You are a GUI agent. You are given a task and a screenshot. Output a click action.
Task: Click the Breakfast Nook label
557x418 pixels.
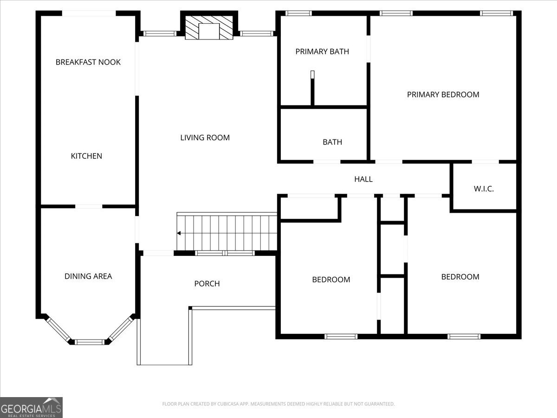88,62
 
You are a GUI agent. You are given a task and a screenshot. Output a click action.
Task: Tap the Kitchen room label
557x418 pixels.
86,156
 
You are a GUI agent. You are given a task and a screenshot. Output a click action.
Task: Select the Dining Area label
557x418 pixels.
88,276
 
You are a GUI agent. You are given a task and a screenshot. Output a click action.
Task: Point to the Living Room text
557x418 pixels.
205,137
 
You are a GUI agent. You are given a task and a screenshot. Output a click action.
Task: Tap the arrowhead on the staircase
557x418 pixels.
179,233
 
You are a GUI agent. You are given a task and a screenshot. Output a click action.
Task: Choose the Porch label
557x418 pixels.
207,284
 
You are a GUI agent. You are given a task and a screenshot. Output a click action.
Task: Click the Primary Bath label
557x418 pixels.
322,52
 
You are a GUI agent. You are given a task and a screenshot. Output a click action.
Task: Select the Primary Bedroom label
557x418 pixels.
443,95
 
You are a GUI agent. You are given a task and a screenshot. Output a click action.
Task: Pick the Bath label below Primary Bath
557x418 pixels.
332,142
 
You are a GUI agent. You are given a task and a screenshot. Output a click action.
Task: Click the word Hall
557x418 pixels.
363,179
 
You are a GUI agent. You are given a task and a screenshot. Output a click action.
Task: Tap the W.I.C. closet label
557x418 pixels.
484,189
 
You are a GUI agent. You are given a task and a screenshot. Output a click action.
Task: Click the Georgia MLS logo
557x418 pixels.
31,407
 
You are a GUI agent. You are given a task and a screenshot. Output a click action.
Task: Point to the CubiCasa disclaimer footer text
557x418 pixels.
278,404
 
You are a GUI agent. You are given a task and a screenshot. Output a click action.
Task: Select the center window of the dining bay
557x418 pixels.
90,342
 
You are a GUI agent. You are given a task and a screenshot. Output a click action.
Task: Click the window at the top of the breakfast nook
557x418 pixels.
89,13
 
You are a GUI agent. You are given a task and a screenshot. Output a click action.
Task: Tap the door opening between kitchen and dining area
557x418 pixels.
89,206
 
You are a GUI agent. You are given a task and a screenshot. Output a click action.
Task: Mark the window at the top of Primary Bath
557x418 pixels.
298,13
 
